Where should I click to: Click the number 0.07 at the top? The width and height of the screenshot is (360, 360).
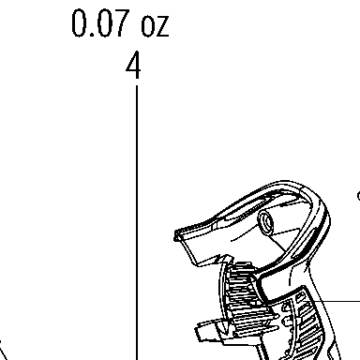[100, 23]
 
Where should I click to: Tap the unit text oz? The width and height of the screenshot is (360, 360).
[156, 26]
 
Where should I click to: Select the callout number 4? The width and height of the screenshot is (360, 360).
[133, 66]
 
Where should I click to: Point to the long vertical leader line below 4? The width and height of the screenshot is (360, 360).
[137, 222]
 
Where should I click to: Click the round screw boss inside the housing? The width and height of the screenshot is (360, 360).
[265, 222]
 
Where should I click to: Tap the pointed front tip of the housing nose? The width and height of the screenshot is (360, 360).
[176, 235]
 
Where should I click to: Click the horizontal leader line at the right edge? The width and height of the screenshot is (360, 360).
[332, 302]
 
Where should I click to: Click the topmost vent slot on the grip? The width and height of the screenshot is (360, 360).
[300, 297]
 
